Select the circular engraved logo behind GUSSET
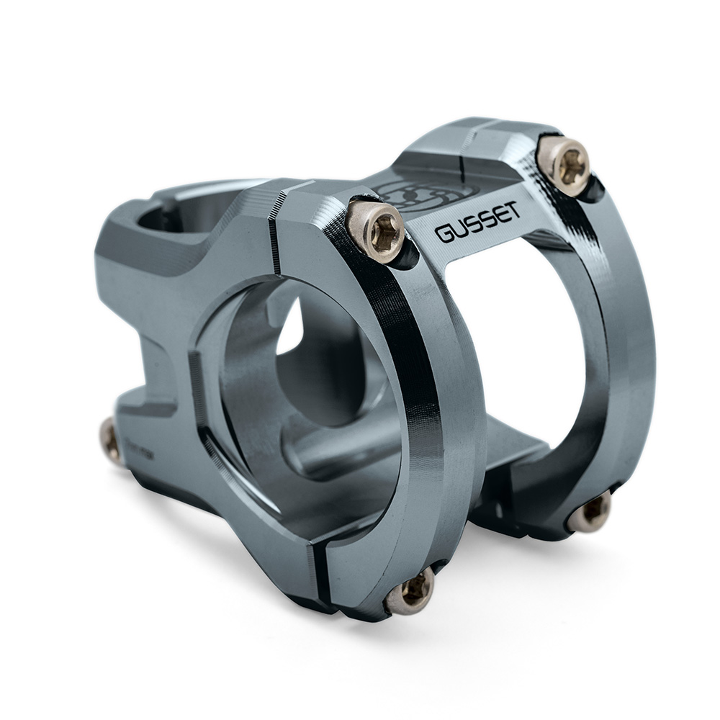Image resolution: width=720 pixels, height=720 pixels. (403, 194)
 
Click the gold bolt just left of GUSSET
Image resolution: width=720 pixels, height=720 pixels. (376, 229)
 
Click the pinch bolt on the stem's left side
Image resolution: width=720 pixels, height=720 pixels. (111, 441)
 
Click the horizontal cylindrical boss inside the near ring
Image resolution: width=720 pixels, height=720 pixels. (338, 454)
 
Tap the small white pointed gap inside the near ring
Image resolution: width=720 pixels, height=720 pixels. (292, 331)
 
